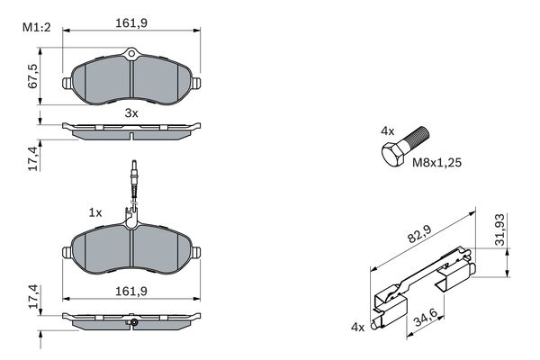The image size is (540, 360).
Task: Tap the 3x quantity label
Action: tap(131, 113)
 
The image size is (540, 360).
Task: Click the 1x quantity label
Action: tap(94, 212)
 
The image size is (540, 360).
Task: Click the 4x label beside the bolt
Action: tap(387, 131)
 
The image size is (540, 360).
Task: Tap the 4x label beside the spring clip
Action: tap(358, 327)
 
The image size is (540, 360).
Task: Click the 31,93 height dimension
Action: tap(501, 232)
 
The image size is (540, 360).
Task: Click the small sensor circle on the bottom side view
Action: tap(132, 322)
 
